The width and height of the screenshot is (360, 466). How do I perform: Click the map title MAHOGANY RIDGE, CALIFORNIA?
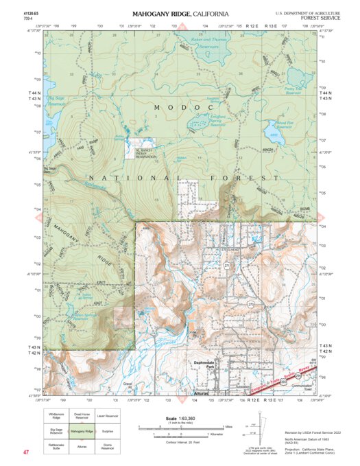(x=180, y=14)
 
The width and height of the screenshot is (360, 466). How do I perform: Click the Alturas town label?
(x=201, y=394)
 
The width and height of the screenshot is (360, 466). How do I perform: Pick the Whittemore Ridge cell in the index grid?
(x=56, y=416)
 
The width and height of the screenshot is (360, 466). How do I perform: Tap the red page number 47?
(x=25, y=452)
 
